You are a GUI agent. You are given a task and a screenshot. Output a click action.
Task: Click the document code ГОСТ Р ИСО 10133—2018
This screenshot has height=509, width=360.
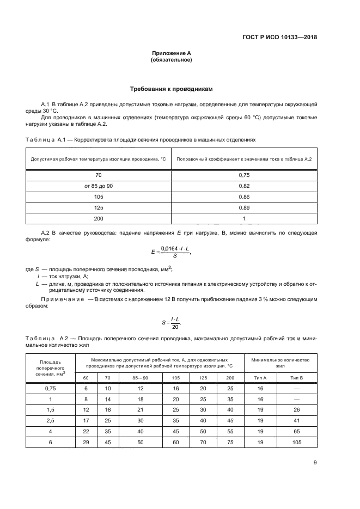pyautogui.click(x=280, y=38)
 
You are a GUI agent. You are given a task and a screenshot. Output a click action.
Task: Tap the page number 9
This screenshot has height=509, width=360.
pyautogui.click(x=315, y=463)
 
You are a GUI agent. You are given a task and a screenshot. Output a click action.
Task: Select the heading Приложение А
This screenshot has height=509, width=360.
pyautogui.click(x=171, y=53)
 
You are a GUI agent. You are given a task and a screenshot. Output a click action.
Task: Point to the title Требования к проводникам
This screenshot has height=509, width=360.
pyautogui.click(x=171, y=89)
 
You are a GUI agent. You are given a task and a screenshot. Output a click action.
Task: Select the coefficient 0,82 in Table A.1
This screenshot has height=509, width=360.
pyautogui.click(x=244, y=186)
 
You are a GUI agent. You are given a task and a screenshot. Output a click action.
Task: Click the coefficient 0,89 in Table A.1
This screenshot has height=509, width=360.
pyautogui.click(x=244, y=207)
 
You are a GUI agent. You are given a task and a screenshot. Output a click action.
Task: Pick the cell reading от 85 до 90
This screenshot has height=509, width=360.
pyautogui.click(x=99, y=186)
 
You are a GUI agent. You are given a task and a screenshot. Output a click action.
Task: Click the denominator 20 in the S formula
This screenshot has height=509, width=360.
pyautogui.click(x=175, y=326)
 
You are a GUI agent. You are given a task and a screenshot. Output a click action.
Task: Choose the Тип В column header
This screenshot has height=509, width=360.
pyautogui.click(x=297, y=377)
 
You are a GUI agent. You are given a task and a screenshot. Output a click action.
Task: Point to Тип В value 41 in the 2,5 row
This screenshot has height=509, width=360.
pyautogui.click(x=297, y=420)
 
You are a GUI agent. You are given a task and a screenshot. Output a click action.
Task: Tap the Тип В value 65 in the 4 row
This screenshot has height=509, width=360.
pyautogui.click(x=297, y=431)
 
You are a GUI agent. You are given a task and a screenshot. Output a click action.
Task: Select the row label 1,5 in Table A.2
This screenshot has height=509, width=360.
pyautogui.click(x=50, y=409)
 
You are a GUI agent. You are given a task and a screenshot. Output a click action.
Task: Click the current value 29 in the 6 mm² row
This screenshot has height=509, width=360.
pyautogui.click(x=85, y=441)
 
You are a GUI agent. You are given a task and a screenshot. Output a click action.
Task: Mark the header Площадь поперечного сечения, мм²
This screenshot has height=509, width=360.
pyautogui.click(x=50, y=367)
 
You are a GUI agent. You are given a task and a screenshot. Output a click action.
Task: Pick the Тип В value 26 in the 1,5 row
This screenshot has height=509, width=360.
pyautogui.click(x=297, y=409)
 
